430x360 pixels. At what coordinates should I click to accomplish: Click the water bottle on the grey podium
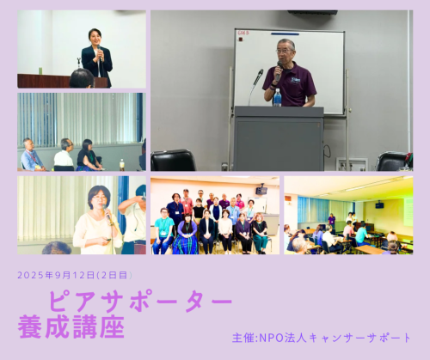click(x=277, y=97)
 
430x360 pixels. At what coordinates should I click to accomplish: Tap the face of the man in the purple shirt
click(x=285, y=50)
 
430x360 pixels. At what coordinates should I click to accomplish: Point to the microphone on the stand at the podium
click(x=257, y=80)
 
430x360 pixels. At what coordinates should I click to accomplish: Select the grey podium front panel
click(x=279, y=139)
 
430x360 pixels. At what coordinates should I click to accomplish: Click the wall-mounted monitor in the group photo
click(x=261, y=189)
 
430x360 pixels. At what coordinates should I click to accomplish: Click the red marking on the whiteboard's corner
click(x=243, y=34)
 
